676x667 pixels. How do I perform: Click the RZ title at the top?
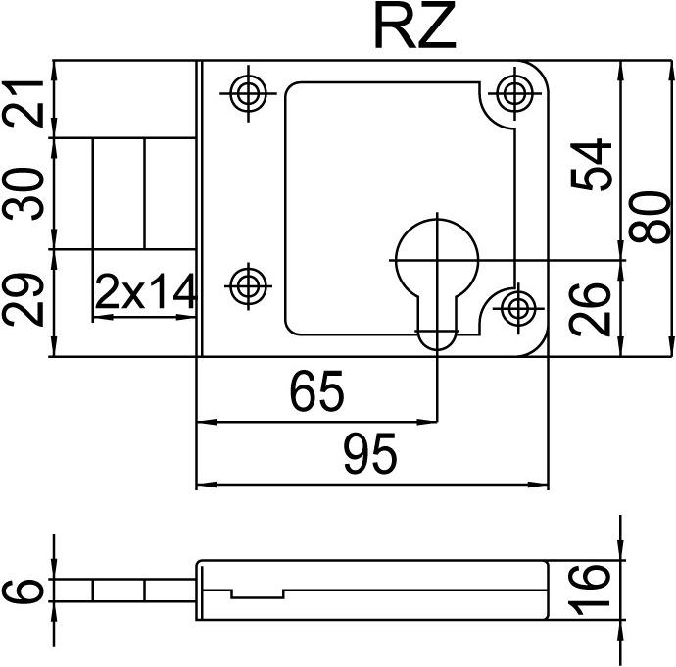414,28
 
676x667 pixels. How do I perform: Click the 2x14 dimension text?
146,292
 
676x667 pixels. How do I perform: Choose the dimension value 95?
369,455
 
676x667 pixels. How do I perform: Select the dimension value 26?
592,308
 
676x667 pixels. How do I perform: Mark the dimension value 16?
591,590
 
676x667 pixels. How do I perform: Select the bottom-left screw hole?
247,285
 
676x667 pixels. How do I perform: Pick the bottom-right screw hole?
518,308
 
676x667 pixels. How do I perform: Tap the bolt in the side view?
122,590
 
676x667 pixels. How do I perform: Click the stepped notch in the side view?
257,594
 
